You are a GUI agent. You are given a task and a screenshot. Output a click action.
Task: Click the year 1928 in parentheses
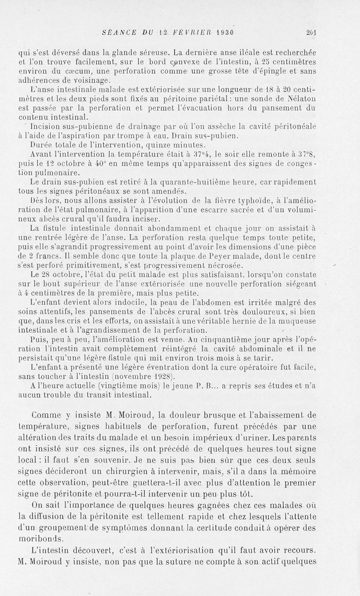coord(162,376)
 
